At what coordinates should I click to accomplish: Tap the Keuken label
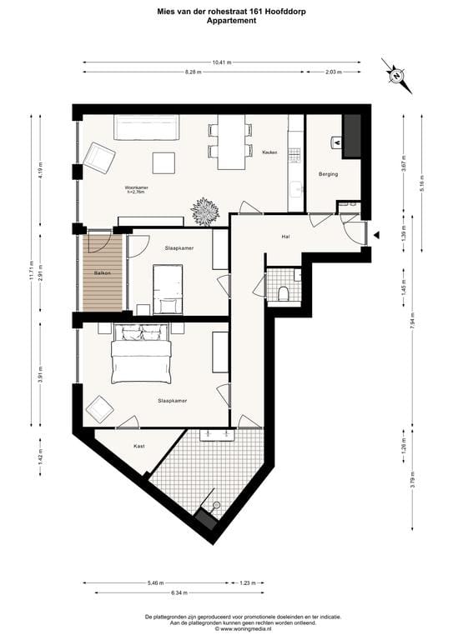(269, 152)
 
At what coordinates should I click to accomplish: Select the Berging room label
(328, 173)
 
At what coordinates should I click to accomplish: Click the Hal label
(286, 237)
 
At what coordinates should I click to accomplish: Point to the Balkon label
(103, 272)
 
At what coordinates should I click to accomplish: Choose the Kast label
(139, 446)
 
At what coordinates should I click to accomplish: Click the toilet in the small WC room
(284, 292)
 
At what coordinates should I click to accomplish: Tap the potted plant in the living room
(204, 212)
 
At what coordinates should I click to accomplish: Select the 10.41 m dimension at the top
(222, 62)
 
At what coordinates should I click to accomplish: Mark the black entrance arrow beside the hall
(376, 236)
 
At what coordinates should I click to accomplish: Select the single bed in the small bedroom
(168, 287)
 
